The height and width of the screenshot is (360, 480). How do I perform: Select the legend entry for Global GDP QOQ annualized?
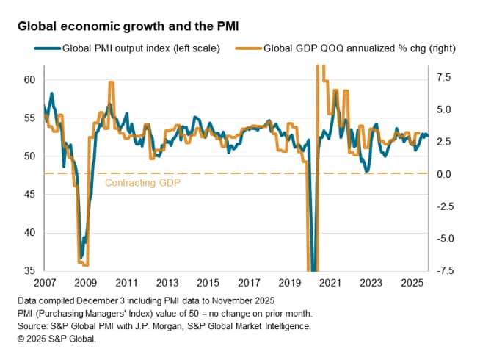[345, 48]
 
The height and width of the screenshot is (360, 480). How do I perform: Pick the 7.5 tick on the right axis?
[443, 76]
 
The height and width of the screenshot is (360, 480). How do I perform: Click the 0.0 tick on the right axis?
[443, 174]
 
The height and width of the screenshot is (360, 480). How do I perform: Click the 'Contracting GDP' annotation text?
[142, 182]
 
